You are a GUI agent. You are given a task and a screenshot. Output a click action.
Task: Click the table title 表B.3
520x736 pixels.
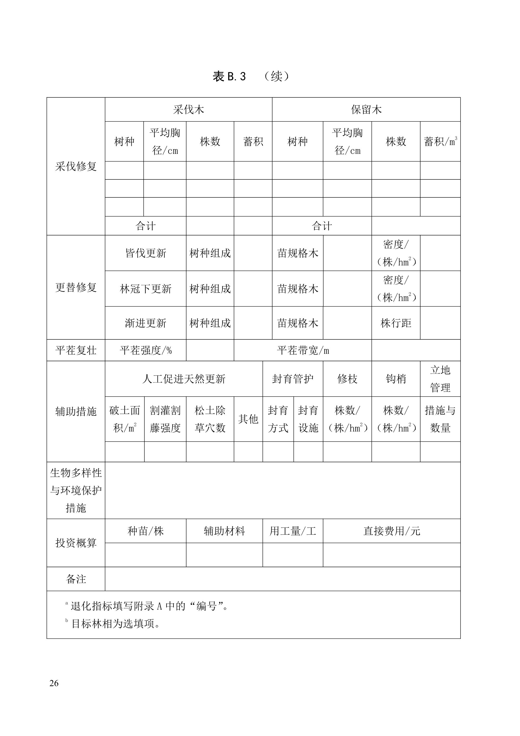229,76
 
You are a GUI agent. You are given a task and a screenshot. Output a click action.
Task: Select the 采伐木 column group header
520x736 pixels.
188,110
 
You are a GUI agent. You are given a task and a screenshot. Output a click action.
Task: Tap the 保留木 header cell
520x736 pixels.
366,110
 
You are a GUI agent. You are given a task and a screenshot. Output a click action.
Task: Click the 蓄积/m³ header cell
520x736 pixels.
440,141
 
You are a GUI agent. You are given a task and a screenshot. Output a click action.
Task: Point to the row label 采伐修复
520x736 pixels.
76,166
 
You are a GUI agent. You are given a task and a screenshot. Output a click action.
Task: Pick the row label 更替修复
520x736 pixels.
76,287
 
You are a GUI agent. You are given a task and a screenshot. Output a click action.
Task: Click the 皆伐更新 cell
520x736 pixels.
145,253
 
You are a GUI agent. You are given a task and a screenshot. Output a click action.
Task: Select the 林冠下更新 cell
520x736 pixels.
145,289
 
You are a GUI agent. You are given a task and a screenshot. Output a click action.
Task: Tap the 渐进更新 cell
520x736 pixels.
145,323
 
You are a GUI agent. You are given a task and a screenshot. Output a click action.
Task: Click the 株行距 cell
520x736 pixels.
396,323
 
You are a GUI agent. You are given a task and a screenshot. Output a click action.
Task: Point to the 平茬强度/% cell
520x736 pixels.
145,350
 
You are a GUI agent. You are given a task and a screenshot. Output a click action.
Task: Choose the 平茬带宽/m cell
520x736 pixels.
303,350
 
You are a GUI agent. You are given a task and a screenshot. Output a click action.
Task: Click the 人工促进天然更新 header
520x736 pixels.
184,379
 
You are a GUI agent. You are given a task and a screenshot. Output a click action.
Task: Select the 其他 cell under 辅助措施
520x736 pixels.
248,419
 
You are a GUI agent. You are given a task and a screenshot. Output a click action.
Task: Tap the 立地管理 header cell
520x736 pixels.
440,379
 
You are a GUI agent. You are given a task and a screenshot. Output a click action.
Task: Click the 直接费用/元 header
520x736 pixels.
392,531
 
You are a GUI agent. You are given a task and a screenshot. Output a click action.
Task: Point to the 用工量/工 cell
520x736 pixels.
293,531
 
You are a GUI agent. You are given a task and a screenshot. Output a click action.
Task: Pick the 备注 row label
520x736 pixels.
76,579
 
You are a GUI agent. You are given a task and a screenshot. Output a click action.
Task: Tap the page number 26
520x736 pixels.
54,683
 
